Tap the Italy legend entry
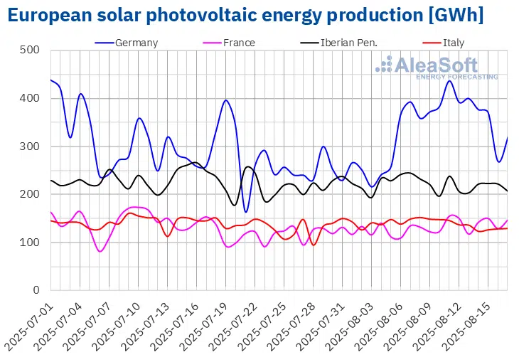click(x=453, y=43)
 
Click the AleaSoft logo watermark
click(x=437, y=68)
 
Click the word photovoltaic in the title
click(x=198, y=15)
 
